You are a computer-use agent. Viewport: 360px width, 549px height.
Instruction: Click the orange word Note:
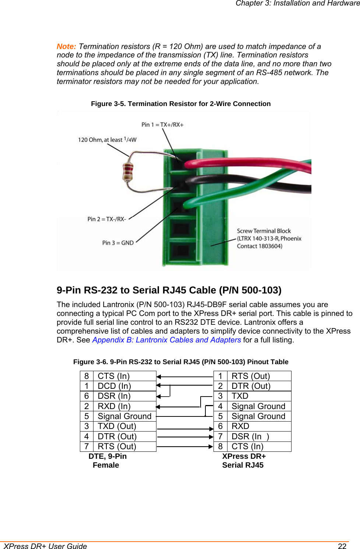pyautogui.click(x=66, y=46)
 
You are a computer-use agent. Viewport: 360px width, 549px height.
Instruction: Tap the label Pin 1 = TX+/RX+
pyautogui.click(x=162, y=125)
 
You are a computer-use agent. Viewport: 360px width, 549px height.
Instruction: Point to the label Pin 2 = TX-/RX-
pyautogui.click(x=107, y=219)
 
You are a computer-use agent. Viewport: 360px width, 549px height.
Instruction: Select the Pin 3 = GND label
pyautogui.click(x=118, y=243)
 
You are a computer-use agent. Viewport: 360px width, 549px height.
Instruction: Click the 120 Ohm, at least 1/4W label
pyautogui.click(x=107, y=140)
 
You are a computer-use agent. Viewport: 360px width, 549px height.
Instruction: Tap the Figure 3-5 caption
pyautogui.click(x=181, y=104)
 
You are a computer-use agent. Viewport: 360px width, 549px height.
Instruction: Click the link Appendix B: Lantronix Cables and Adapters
pyautogui.click(x=167, y=340)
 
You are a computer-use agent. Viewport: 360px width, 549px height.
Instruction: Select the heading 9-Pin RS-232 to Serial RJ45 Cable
pyautogui.click(x=169, y=290)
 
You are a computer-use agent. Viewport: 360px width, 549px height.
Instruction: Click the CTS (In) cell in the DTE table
pyautogui.click(x=114, y=376)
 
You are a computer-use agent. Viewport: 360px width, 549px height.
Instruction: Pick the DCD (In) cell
pyautogui.click(x=114, y=386)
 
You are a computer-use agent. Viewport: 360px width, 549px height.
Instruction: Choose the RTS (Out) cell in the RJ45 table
pyautogui.click(x=251, y=376)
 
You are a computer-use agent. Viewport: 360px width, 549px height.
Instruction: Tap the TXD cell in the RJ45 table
pyautogui.click(x=240, y=396)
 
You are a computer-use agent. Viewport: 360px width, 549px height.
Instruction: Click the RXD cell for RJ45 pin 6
pyautogui.click(x=240, y=426)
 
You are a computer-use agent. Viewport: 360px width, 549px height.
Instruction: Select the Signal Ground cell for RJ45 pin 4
pyautogui.click(x=258, y=406)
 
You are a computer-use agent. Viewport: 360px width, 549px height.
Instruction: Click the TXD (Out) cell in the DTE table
pyautogui.click(x=117, y=426)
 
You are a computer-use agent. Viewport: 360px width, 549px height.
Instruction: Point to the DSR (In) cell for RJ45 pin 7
pyautogui.click(x=250, y=436)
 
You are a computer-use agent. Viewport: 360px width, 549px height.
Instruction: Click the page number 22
pyautogui.click(x=342, y=546)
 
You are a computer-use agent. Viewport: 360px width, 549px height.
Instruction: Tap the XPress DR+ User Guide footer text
pyautogui.click(x=46, y=546)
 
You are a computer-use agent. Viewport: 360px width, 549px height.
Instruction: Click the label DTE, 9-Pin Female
pyautogui.click(x=107, y=461)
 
